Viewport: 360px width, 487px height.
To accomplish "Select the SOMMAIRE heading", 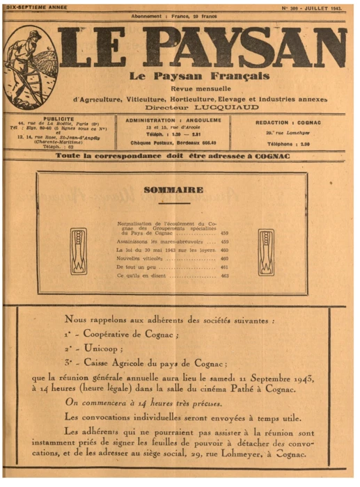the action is (173, 189).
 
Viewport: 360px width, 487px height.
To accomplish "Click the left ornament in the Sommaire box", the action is (79, 252).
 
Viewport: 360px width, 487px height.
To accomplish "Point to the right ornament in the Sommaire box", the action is (266, 252).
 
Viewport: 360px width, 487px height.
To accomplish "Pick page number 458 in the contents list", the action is (224, 234).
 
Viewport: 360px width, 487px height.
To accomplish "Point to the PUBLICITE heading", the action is (49, 119).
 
